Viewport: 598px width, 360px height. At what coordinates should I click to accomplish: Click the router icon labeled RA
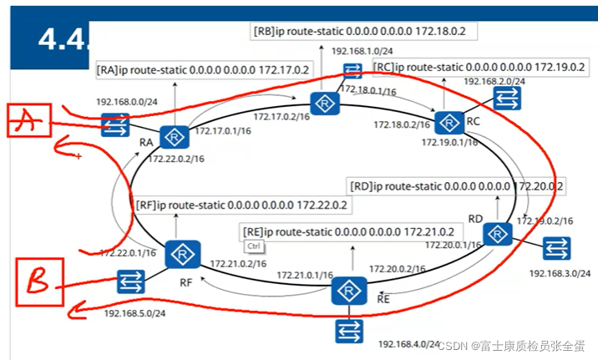(175, 137)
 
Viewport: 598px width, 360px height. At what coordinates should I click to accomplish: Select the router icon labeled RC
(449, 123)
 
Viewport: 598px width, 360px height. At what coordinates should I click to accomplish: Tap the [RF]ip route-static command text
(241, 203)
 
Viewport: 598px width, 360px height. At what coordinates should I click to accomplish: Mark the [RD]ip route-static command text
(457, 185)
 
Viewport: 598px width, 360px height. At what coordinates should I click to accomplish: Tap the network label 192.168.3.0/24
(560, 273)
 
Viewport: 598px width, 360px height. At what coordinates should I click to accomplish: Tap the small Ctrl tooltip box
(254, 246)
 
